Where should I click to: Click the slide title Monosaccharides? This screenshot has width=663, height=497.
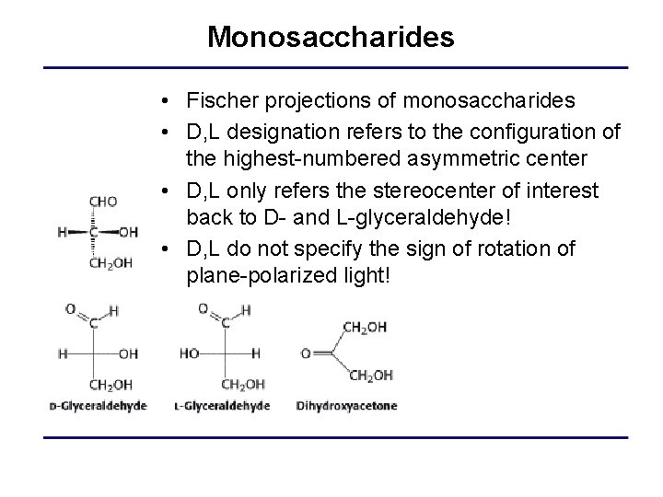pos(331,37)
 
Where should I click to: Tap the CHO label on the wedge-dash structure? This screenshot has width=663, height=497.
pos(102,202)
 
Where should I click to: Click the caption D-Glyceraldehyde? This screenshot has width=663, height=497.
pos(98,406)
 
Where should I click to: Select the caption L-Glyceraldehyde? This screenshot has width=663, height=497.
pos(221,406)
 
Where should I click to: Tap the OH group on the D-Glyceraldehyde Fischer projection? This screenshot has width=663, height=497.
pos(128,353)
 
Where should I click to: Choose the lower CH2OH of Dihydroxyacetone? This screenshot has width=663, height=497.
pos(371,375)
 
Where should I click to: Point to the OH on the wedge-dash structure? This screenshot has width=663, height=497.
pos(130,233)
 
